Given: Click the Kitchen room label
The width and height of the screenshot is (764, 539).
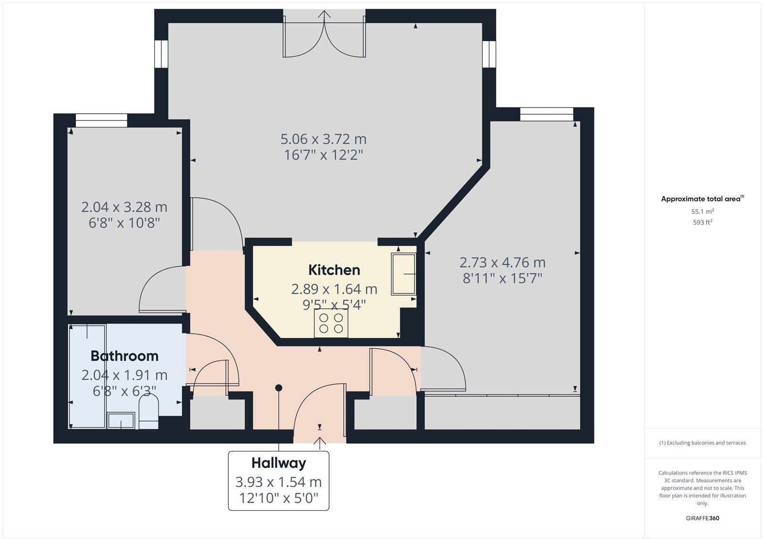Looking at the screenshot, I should pyautogui.click(x=334, y=270).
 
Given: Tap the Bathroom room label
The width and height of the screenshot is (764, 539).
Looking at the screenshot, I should pyautogui.click(x=124, y=356).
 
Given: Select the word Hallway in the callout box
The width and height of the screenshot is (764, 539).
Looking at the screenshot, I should pyautogui.click(x=278, y=463).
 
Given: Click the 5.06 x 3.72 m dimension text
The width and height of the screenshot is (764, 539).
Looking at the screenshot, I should pyautogui.click(x=323, y=140).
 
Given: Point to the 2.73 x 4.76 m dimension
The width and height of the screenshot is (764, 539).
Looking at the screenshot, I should pyautogui.click(x=502, y=262).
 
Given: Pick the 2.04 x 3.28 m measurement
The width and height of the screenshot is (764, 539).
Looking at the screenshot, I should pyautogui.click(x=124, y=207).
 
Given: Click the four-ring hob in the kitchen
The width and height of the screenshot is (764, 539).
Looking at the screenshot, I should pyautogui.click(x=331, y=323).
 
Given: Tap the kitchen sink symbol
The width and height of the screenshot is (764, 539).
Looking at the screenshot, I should pyautogui.click(x=403, y=274).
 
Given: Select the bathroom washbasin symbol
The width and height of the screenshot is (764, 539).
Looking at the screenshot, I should pyautogui.click(x=121, y=421).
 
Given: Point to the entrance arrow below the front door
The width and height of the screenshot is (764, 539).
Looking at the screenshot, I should pyautogui.click(x=319, y=443).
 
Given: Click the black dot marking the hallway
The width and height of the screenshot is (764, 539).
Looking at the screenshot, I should pyautogui.click(x=278, y=388).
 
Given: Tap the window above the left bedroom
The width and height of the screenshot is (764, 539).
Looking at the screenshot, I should pyautogui.click(x=101, y=120).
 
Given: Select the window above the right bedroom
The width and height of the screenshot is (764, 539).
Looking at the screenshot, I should pyautogui.click(x=546, y=114).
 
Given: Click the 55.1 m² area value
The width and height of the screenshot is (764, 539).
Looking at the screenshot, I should pyautogui.click(x=702, y=211).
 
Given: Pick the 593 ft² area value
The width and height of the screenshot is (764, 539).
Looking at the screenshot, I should pyautogui.click(x=702, y=222).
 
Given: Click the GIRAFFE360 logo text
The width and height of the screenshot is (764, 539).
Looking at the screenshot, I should pyautogui.click(x=702, y=518).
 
